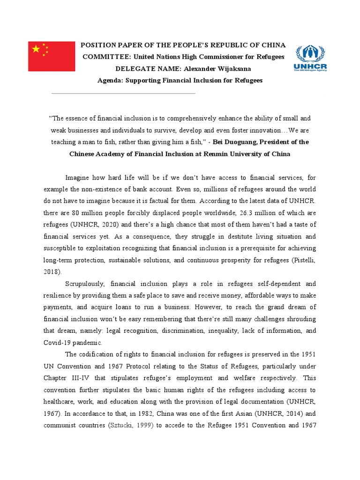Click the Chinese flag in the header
pyautogui.click(x=51, y=56)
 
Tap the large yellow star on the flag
pyautogui.click(x=36, y=48)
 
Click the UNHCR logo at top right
pyautogui.click(x=310, y=59)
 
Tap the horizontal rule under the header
pyautogui.click(x=123, y=93)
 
